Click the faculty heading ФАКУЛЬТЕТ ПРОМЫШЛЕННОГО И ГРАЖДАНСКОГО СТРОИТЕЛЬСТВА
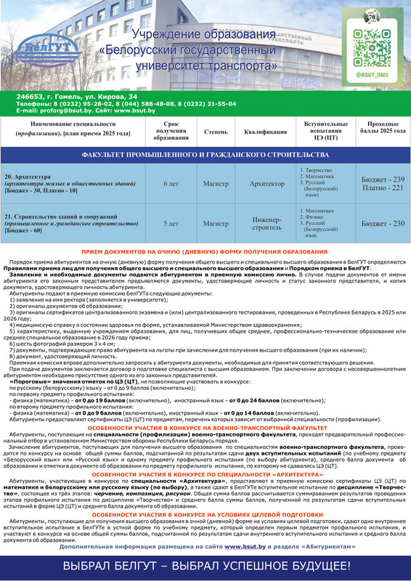pyautogui.click(x=206, y=155)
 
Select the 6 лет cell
pyautogui.click(x=171, y=184)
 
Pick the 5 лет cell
pyautogui.click(x=171, y=224)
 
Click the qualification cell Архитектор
pyautogui.click(x=266, y=184)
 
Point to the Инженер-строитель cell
pyautogui.click(x=266, y=224)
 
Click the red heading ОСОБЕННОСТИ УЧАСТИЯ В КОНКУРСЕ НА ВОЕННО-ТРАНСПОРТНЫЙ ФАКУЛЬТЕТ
pyautogui.click(x=206, y=428)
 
